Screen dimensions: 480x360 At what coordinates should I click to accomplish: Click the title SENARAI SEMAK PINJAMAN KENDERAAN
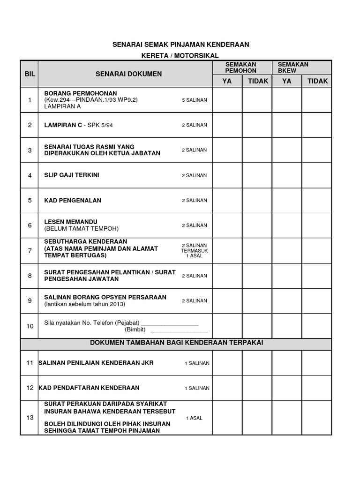click(x=180, y=45)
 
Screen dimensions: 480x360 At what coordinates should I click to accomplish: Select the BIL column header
click(x=30, y=74)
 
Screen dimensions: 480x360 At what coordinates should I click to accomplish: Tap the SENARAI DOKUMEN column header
click(x=128, y=74)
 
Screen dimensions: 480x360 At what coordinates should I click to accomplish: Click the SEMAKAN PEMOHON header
click(x=241, y=67)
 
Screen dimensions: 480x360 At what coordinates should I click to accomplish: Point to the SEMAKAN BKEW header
click(x=293, y=67)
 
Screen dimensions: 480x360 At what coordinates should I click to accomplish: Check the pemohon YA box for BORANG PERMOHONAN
click(x=227, y=100)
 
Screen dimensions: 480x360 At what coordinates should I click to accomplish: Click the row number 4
click(x=30, y=175)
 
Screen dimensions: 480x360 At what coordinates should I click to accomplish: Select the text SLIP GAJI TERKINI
click(x=71, y=175)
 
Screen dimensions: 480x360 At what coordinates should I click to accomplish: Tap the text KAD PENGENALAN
click(x=72, y=200)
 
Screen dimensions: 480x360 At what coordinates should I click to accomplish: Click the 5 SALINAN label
click(x=194, y=100)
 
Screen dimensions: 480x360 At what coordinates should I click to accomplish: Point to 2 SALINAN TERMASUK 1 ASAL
click(x=194, y=250)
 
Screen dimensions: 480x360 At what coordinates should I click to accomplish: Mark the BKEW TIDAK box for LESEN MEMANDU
click(x=317, y=225)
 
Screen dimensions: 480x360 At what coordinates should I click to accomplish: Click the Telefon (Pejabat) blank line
click(x=170, y=323)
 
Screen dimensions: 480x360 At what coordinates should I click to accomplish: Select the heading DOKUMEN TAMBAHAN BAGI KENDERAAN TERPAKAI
click(x=176, y=343)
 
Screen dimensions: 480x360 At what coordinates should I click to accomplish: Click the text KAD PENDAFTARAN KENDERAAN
click(x=89, y=388)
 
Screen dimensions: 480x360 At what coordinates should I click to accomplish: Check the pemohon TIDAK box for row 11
click(x=257, y=363)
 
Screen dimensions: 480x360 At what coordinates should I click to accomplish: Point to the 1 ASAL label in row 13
click(x=194, y=418)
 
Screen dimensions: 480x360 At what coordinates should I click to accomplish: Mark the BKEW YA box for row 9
click(x=287, y=300)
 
